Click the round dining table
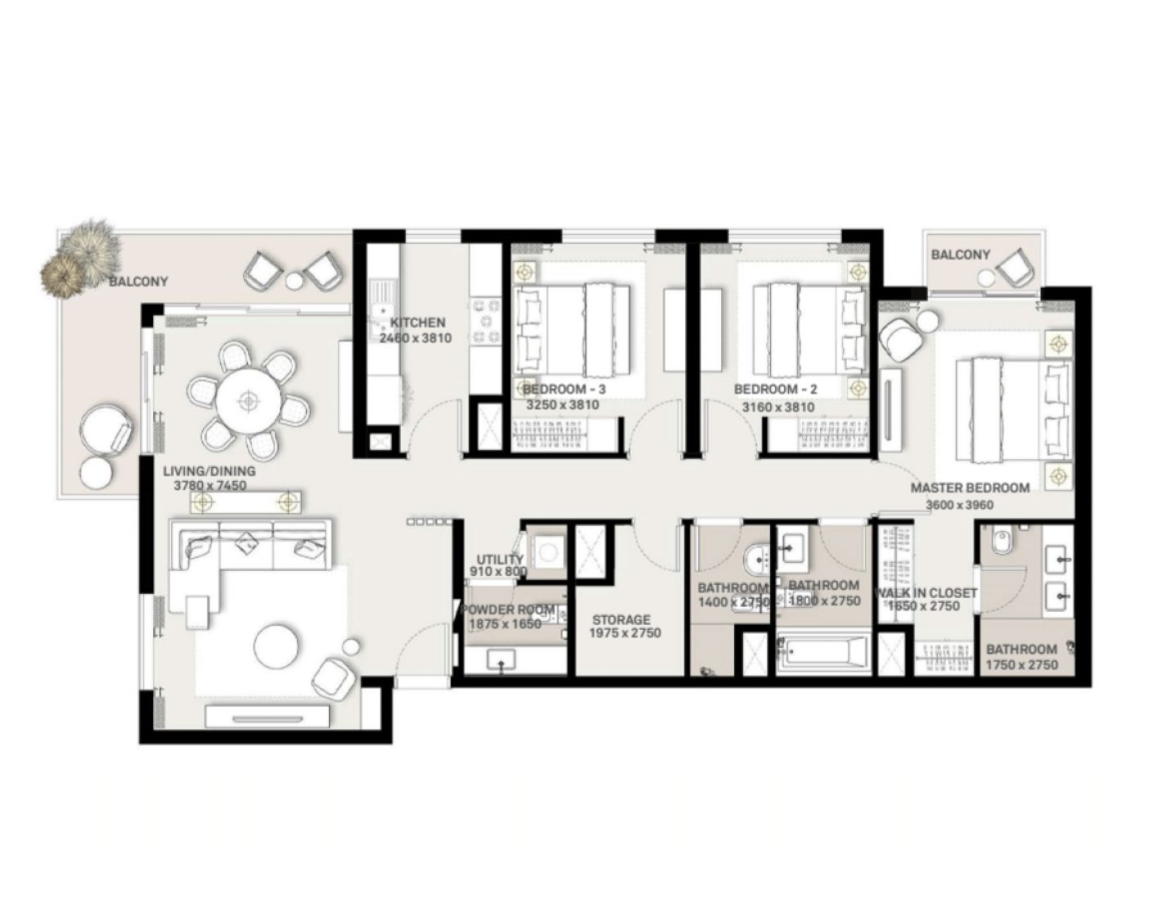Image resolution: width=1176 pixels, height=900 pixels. (x=247, y=400)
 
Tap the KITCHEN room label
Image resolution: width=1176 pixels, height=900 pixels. (x=417, y=322)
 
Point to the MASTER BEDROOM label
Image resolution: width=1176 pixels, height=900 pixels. (x=970, y=488)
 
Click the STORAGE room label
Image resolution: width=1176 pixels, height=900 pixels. (x=621, y=620)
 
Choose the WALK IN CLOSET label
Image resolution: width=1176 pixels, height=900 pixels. (x=926, y=592)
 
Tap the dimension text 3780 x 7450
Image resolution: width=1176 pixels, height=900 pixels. (x=210, y=485)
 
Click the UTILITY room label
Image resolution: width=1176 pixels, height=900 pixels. (x=499, y=560)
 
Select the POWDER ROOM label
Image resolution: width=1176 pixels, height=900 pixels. (x=509, y=610)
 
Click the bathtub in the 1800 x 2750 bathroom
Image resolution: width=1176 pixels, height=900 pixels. (x=823, y=653)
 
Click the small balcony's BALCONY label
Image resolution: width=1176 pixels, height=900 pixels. (x=960, y=254)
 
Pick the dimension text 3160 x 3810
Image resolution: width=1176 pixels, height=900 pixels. (x=777, y=407)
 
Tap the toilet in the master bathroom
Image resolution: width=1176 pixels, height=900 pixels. (x=999, y=542)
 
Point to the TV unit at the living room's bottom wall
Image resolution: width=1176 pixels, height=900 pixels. (x=267, y=718)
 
